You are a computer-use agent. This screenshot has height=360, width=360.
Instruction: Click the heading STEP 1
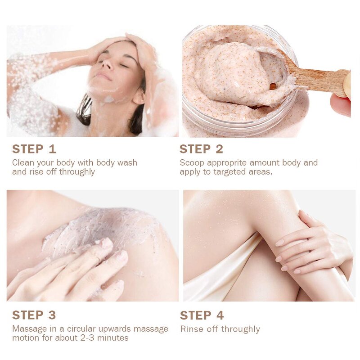34,149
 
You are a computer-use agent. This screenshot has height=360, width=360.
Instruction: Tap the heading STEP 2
201,149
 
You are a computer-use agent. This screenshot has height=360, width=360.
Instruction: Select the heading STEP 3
34,315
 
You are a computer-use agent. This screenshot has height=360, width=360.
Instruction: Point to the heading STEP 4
202,315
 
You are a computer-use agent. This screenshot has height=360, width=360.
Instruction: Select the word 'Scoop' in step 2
192,163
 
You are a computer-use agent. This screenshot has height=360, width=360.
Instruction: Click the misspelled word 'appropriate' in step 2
229,163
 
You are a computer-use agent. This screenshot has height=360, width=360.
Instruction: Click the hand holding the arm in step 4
310,243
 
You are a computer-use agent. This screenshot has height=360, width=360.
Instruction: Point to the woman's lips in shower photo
103,77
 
